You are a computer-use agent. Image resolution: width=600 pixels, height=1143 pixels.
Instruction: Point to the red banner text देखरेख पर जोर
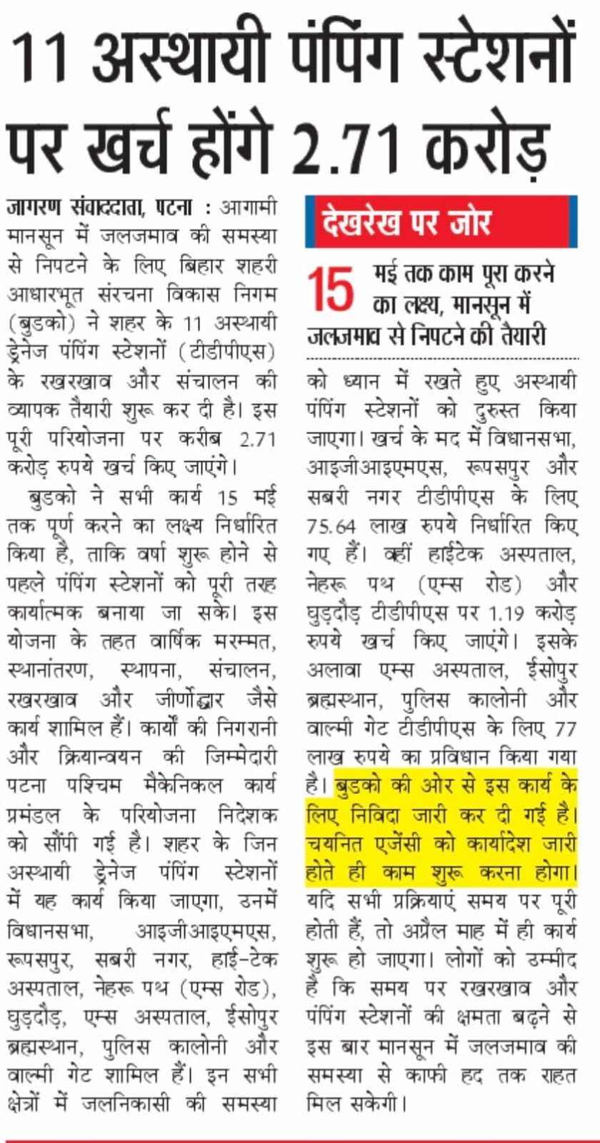pyautogui.click(x=406, y=222)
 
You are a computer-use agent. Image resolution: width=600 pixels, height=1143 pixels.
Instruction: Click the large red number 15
pyautogui.click(x=331, y=290)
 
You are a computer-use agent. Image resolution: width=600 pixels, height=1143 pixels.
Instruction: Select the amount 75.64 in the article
pyautogui.click(x=331, y=526)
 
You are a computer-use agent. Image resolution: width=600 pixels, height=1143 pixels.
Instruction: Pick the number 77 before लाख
pyautogui.click(x=564, y=729)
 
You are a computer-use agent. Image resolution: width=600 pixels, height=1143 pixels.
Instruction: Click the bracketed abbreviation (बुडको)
pyautogui.click(x=42, y=323)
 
